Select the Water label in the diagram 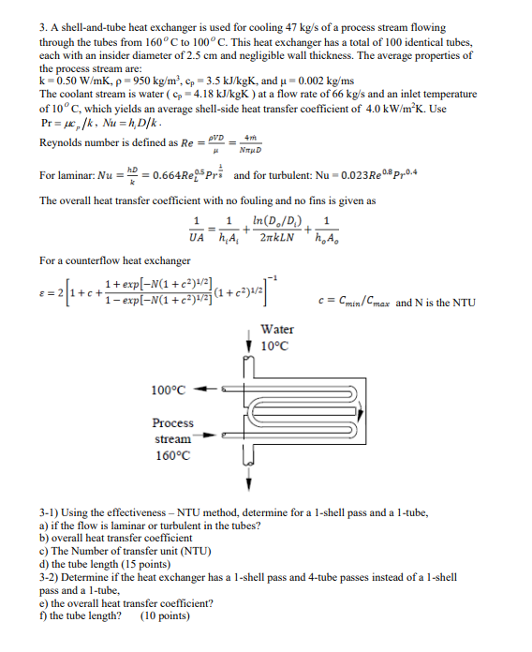[x=277, y=330]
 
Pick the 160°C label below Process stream [x=172, y=456]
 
